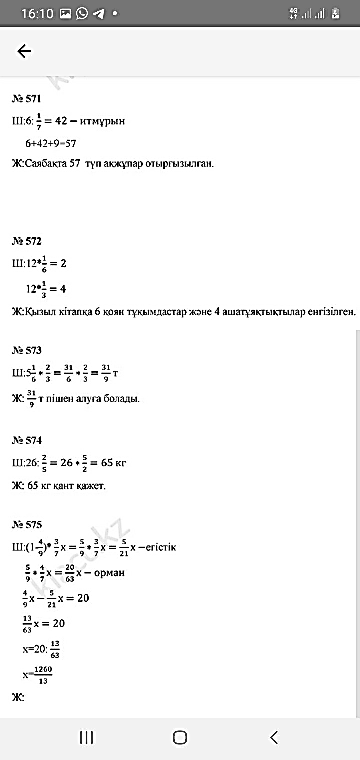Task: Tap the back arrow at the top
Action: click(x=24, y=51)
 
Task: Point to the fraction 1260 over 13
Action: click(x=43, y=675)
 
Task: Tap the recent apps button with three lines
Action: click(x=87, y=737)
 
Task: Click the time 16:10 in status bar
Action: click(x=37, y=14)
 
